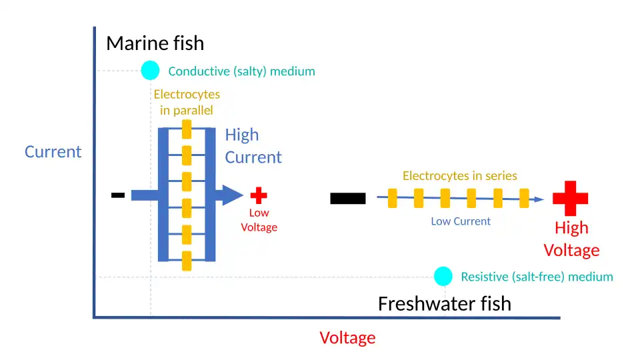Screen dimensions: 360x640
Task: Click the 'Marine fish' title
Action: tap(155, 44)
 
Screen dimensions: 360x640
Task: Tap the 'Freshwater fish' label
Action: tap(444, 304)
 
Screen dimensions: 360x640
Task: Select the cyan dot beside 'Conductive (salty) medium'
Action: tap(150, 70)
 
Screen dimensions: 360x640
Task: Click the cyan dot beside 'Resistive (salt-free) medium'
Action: tap(443, 276)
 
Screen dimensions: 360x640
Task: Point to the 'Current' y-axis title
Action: tap(53, 152)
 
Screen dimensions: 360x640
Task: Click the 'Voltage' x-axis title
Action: tap(347, 338)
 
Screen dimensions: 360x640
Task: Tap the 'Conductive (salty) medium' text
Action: tap(241, 71)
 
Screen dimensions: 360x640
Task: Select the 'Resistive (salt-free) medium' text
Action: tap(537, 277)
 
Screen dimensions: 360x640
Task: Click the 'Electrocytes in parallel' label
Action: tap(187, 102)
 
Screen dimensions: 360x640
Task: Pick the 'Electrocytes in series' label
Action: tap(459, 176)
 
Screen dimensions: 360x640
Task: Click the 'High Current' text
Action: tap(253, 146)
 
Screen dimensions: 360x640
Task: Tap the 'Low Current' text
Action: tap(460, 221)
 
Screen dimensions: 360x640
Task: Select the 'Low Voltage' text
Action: tap(259, 220)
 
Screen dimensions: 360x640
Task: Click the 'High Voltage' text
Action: tap(571, 239)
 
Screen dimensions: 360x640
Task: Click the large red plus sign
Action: tap(570, 198)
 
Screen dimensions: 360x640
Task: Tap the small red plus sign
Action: tap(259, 195)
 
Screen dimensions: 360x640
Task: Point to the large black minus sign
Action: tap(347, 198)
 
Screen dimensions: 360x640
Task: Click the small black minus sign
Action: tap(118, 195)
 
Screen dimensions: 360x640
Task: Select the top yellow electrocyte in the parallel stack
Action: tap(187, 129)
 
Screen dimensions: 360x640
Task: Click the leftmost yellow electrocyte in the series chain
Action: tap(393, 198)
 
